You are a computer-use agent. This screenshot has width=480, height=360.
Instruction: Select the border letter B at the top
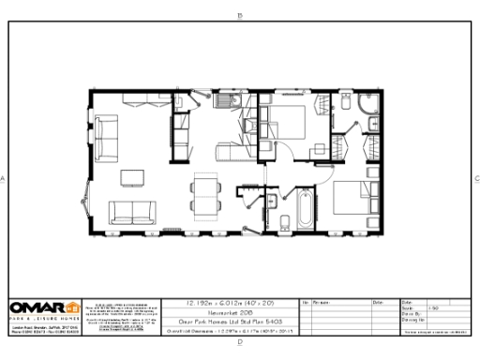[240, 15]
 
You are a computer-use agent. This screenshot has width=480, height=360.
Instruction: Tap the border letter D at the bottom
[240, 342]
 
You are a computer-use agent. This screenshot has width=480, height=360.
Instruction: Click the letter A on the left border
[5, 178]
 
